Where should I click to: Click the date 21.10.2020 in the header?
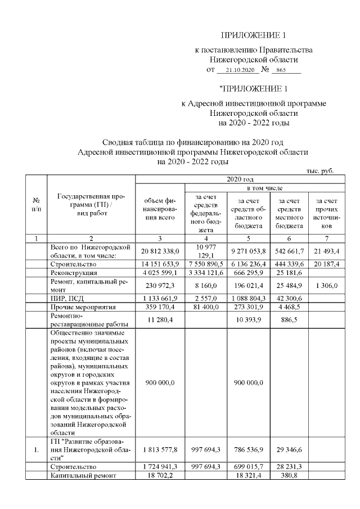pos(237,71)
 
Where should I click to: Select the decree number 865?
pos(285,71)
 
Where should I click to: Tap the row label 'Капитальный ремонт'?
pos(83,475)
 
